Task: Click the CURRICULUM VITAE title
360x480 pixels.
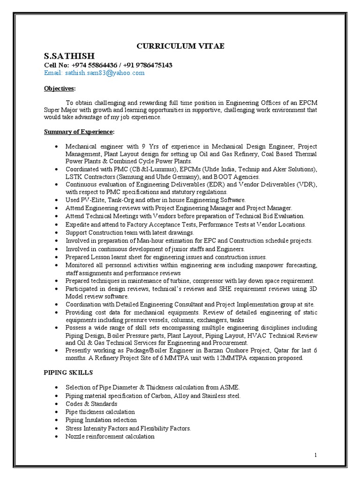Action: coord(180,45)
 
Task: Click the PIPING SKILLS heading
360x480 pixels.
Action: coord(68,373)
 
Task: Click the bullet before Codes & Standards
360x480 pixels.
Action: coord(56,404)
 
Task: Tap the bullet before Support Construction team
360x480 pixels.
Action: coord(56,232)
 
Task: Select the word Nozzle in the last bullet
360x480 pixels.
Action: coord(75,436)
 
